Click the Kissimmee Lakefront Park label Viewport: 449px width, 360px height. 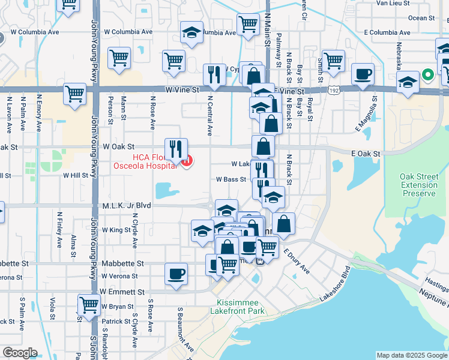pos(237,307)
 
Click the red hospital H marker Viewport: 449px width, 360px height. pos(187,161)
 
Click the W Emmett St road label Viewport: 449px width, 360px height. pos(123,292)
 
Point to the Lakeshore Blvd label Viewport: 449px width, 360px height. pos(334,282)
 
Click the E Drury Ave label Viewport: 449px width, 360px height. pos(297,262)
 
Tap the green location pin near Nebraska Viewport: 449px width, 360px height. pos(427,75)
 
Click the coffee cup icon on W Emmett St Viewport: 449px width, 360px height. pos(175,274)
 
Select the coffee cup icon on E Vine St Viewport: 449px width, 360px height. pos(363,74)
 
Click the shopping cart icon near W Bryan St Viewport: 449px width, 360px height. pos(89,304)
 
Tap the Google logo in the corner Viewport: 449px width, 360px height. pos(20,353)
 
